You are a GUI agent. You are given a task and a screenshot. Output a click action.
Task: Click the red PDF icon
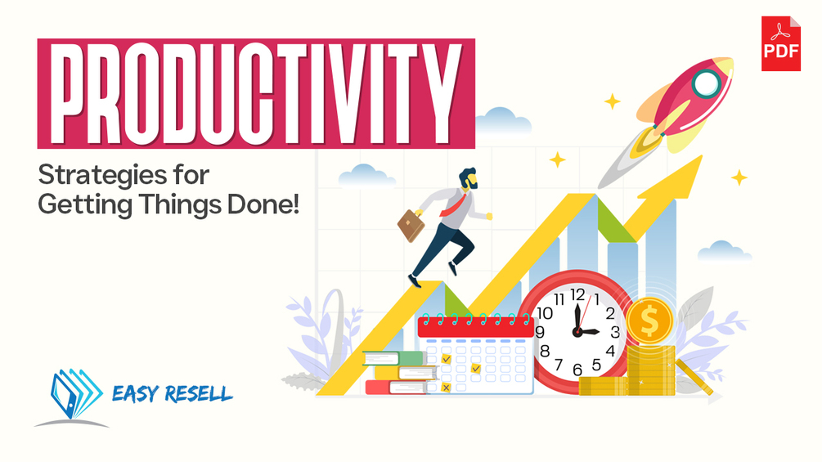tap(780, 43)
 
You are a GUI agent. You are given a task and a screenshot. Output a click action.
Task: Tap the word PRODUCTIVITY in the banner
tap(256, 94)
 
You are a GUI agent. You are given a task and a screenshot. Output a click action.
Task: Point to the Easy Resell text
tap(172, 393)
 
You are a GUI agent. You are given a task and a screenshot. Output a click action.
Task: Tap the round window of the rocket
tap(706, 82)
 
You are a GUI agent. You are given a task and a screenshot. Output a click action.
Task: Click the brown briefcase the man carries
tap(411, 225)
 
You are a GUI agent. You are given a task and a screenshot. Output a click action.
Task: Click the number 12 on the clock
tap(577, 294)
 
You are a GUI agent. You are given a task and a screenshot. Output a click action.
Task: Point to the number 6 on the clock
tap(577, 370)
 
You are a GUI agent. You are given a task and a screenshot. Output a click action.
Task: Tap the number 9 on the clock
tap(540, 332)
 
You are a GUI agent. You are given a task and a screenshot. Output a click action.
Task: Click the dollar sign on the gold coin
tap(649, 321)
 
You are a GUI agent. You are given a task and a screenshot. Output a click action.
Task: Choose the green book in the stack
tap(393, 358)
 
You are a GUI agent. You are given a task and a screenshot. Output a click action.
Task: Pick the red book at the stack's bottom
tap(397, 388)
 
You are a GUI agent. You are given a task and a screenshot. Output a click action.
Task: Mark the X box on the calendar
tap(446, 388)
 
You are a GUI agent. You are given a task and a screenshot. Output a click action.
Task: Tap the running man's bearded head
tap(468, 178)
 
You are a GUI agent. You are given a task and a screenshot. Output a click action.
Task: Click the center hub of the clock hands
tap(577, 331)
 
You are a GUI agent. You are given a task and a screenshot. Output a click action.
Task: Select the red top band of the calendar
tap(475, 327)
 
